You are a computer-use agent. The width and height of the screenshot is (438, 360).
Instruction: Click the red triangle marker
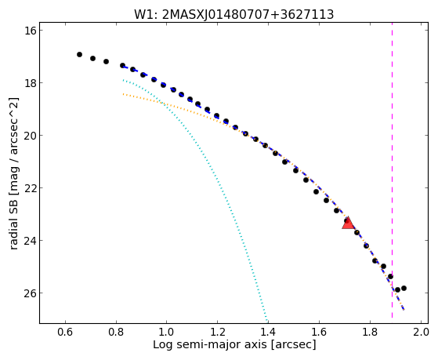coord(348,223)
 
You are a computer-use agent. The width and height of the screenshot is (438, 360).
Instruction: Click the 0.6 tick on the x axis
coord(65,332)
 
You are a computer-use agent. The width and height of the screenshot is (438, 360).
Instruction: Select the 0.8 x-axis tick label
coord(116,332)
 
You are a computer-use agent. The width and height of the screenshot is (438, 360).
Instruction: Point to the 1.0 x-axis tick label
coord(166,332)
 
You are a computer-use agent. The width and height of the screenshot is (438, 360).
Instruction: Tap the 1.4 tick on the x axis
coord(268,332)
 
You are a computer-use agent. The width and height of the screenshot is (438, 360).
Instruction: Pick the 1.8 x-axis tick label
coord(370,332)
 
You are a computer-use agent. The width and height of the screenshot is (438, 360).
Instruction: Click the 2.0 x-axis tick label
coord(421,332)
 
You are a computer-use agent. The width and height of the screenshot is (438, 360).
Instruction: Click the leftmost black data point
coord(79,54)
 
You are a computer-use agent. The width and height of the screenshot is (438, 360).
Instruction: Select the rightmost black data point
coord(404,288)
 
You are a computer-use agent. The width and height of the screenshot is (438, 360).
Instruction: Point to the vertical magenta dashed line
coord(392,170)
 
